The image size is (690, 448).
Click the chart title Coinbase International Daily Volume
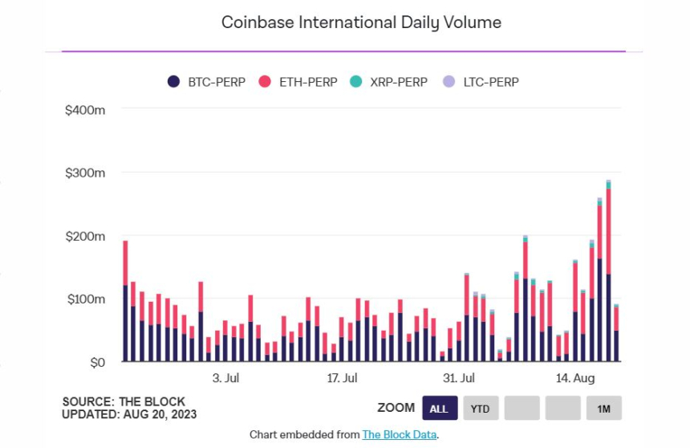(x=361, y=22)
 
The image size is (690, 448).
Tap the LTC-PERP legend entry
(x=485, y=82)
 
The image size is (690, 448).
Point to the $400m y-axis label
(x=85, y=109)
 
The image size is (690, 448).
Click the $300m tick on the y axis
(x=85, y=173)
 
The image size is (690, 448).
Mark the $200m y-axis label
(x=85, y=236)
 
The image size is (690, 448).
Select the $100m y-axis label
(x=85, y=299)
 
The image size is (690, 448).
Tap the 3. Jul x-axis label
(x=225, y=377)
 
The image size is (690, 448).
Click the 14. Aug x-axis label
(x=575, y=377)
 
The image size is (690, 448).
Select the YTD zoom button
(x=480, y=408)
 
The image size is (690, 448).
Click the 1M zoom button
(x=603, y=408)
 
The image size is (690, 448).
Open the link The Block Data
(x=399, y=434)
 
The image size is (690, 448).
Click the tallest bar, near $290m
(x=608, y=273)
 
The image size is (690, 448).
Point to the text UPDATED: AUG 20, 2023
(x=129, y=414)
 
